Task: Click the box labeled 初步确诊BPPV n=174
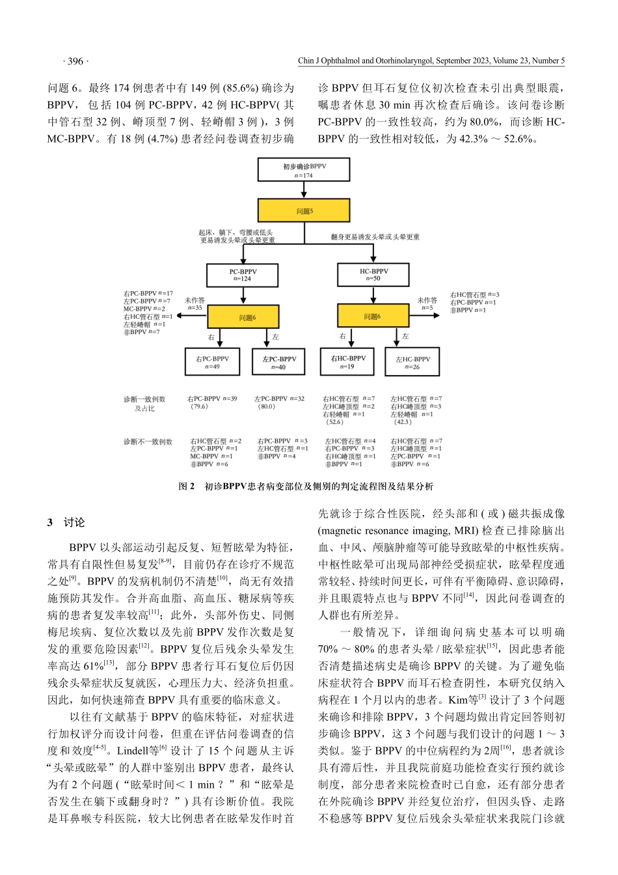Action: pos(304,171)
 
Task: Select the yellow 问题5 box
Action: pos(304,211)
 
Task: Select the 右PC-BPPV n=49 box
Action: pos(212,362)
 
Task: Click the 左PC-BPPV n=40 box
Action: pos(279,363)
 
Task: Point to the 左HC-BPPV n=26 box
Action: pos(412,363)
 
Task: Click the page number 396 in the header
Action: pos(75,61)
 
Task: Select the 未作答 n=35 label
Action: pos(195,304)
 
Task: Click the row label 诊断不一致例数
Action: pos(148,442)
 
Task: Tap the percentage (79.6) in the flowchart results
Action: pos(198,407)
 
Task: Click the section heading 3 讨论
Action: pos(66,523)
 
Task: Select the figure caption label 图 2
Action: pos(187,486)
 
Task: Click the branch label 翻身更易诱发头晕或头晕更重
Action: pos(375,238)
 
